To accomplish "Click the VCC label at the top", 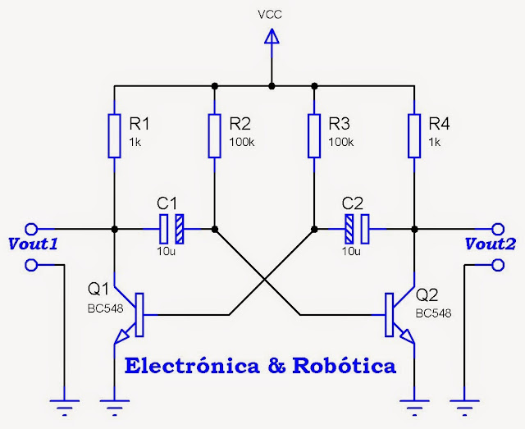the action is tap(270, 15).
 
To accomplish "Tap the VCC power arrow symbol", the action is tap(272, 36).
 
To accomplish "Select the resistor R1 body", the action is tap(114, 135).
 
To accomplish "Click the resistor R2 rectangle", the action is tap(215, 135).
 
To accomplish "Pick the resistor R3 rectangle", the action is tap(314, 135).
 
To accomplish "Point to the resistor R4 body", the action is tap(414, 135).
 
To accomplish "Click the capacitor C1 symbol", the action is tap(171, 229).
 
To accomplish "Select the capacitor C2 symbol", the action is tap(357, 229).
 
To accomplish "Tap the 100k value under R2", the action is tap(242, 143).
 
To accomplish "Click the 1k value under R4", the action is tap(435, 143).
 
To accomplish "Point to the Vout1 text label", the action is tap(33, 244).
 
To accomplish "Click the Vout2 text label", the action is tap(491, 244).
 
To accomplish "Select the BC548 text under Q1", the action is tap(106, 308).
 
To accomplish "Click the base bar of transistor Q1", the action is tap(139, 315).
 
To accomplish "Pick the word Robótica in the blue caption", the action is tap(345, 366).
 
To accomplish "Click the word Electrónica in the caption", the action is tap(192, 366).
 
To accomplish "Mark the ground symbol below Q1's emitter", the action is tap(114, 408).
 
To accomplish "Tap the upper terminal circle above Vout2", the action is tap(498, 229).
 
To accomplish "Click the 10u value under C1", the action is tap(166, 251).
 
